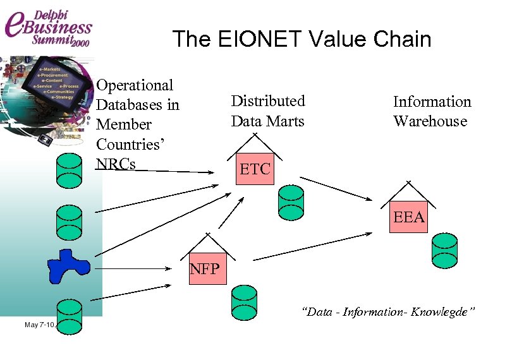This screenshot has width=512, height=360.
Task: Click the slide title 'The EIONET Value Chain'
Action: [302, 39]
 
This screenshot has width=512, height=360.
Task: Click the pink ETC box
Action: [255, 169]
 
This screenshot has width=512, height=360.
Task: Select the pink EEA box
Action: [408, 217]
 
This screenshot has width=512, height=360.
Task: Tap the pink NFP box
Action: [207, 270]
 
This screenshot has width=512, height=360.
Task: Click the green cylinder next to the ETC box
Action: [291, 203]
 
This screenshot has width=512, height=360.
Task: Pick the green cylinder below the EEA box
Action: [444, 249]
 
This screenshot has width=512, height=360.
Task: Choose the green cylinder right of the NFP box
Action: [243, 301]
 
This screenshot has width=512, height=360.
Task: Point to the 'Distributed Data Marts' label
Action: [268, 111]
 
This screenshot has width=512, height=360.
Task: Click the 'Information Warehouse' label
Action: [432, 111]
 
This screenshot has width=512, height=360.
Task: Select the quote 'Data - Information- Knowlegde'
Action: [388, 312]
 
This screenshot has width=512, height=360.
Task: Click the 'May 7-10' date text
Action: [39, 325]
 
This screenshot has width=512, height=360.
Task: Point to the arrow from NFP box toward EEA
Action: [313, 246]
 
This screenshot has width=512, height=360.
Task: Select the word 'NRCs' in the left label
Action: [116, 163]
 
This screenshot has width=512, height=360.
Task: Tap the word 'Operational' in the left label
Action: [135, 85]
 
